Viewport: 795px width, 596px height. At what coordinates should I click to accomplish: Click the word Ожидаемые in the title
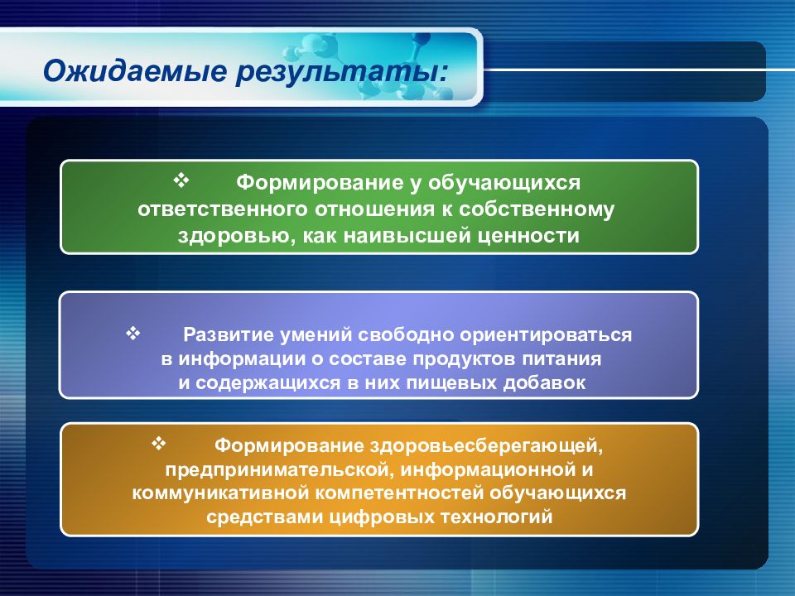[135, 70]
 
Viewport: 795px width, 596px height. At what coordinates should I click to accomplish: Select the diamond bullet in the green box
[181, 180]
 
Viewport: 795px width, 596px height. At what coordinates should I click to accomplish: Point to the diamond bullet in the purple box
[132, 333]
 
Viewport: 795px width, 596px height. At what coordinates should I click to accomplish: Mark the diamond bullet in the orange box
[159, 444]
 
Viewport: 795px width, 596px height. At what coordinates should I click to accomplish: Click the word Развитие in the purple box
[229, 335]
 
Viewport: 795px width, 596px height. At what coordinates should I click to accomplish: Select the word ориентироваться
[546, 335]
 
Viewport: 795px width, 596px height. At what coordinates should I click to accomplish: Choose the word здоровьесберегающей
[486, 446]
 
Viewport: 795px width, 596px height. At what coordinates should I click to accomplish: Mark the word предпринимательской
[278, 470]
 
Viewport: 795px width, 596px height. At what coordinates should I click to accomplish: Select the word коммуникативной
[220, 493]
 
